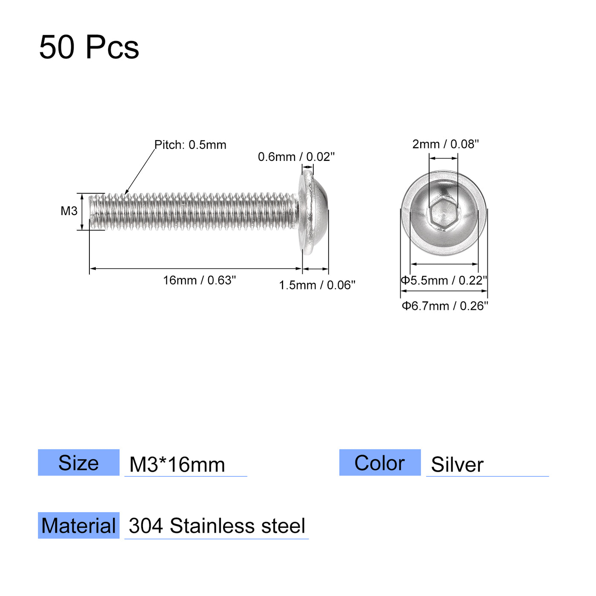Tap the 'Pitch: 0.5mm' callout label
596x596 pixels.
pos(190,145)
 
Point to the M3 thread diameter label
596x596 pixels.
pos(69,211)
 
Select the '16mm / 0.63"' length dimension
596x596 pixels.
pos(199,280)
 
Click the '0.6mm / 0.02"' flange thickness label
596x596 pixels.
pos(296,157)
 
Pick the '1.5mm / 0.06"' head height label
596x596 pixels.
pos(317,285)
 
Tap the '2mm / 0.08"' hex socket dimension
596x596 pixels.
pos(445,144)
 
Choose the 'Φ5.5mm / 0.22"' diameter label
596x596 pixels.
pos(444,280)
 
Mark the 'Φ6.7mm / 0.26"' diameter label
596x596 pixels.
pos(445,306)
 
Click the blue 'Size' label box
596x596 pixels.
pos(79,462)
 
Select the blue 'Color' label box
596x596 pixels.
pos(380,462)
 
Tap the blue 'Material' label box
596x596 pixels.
pos(79,525)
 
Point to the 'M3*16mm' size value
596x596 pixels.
pos(177,464)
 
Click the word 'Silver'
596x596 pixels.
pos(457,464)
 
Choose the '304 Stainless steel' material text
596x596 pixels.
pos(217,526)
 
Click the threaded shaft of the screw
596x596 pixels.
pos(192,211)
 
